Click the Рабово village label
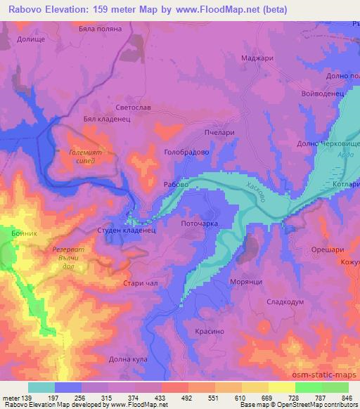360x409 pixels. pyautogui.click(x=175, y=184)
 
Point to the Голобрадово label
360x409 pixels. pyautogui.click(x=184, y=152)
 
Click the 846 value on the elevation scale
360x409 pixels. pyautogui.click(x=346, y=397)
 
